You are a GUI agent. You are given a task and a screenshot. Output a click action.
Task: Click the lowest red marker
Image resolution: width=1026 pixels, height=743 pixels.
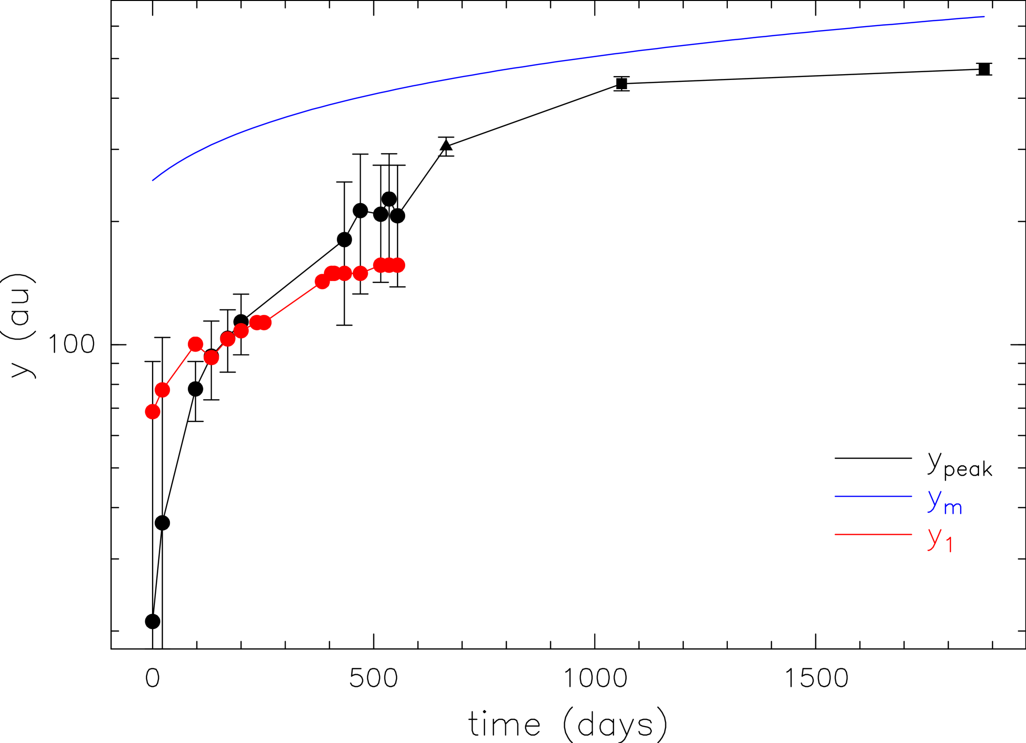click(152, 412)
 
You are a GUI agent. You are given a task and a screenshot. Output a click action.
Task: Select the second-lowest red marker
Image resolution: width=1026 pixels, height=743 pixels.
click(162, 390)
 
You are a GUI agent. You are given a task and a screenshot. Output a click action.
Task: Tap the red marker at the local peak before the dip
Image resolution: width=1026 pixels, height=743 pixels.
click(196, 344)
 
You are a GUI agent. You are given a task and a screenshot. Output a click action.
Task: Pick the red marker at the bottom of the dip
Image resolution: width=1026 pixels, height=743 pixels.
click(211, 358)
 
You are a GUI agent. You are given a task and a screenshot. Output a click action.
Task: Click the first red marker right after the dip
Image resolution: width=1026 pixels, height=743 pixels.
click(228, 339)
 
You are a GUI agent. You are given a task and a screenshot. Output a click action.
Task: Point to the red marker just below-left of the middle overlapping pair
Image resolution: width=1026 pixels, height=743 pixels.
click(241, 331)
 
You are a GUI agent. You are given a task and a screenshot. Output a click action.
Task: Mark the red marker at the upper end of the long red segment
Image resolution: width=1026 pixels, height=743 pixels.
click(322, 281)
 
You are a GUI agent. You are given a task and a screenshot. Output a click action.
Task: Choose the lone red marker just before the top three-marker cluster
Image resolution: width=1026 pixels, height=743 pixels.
click(360, 274)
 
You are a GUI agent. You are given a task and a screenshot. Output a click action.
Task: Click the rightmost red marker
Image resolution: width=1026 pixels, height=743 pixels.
click(398, 265)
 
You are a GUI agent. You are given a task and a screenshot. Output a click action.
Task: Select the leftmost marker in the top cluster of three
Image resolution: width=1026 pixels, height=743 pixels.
click(380, 265)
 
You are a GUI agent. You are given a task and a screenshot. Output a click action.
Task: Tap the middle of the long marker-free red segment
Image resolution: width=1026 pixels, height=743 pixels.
click(293, 302)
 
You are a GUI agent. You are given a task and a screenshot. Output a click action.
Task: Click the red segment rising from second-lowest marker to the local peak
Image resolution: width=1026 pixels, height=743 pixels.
click(179, 367)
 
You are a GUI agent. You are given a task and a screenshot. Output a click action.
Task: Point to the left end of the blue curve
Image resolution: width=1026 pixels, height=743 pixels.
click(153, 181)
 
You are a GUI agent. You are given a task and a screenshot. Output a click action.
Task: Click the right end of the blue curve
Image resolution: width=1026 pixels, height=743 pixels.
click(984, 17)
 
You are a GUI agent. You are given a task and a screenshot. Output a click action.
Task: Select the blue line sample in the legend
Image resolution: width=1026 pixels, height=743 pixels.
click(873, 496)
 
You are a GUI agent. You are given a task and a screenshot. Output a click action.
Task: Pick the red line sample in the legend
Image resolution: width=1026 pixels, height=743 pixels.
click(873, 534)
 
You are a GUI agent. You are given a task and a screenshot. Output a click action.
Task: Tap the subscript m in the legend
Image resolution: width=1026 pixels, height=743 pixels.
click(953, 508)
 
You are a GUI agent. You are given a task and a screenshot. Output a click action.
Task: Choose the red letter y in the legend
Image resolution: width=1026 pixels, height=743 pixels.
click(935, 537)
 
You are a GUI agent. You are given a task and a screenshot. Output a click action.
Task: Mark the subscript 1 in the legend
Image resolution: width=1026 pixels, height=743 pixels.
click(949, 545)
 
